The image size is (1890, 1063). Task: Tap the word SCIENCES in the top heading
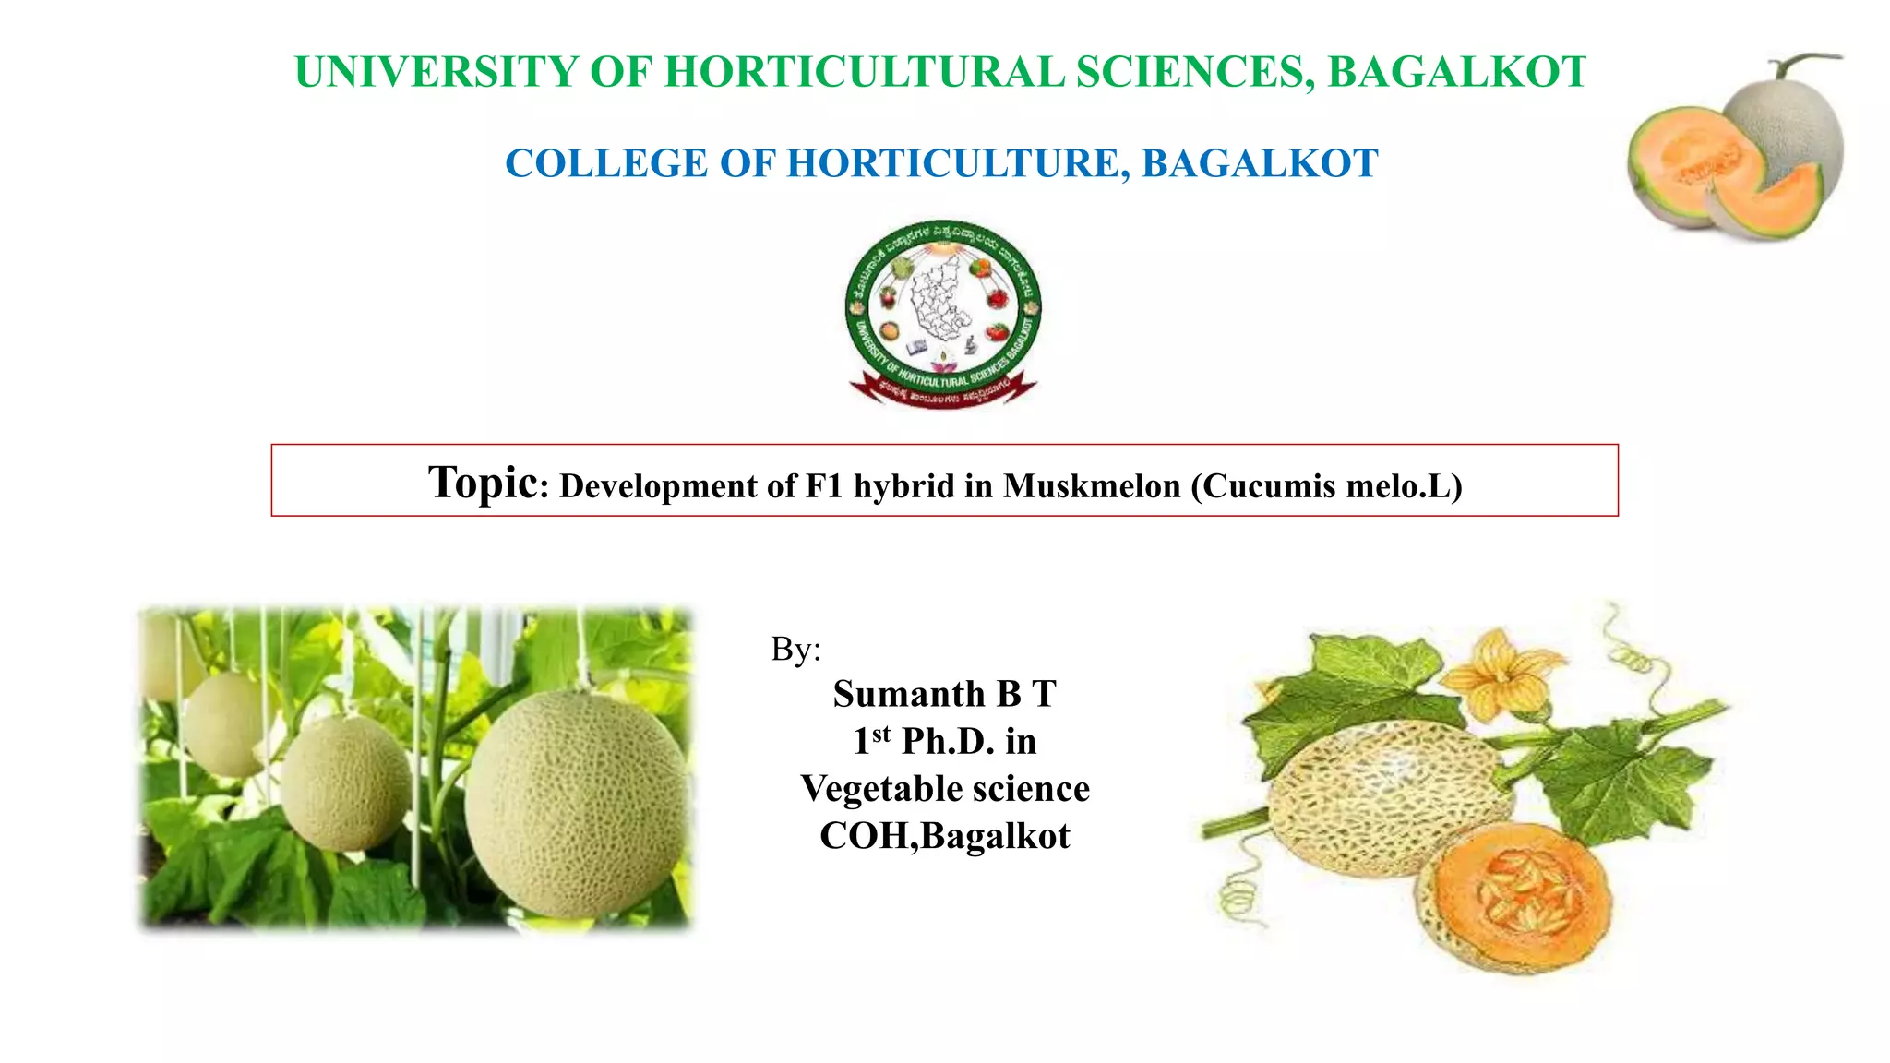click(x=1195, y=73)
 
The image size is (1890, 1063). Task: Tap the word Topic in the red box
click(x=484, y=483)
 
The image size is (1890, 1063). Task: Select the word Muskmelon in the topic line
click(x=1092, y=486)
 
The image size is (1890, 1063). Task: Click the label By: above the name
click(x=795, y=650)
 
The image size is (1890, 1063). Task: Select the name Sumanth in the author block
click(x=908, y=694)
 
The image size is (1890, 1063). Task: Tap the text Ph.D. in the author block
click(x=947, y=742)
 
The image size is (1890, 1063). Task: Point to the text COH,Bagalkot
click(x=945, y=836)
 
